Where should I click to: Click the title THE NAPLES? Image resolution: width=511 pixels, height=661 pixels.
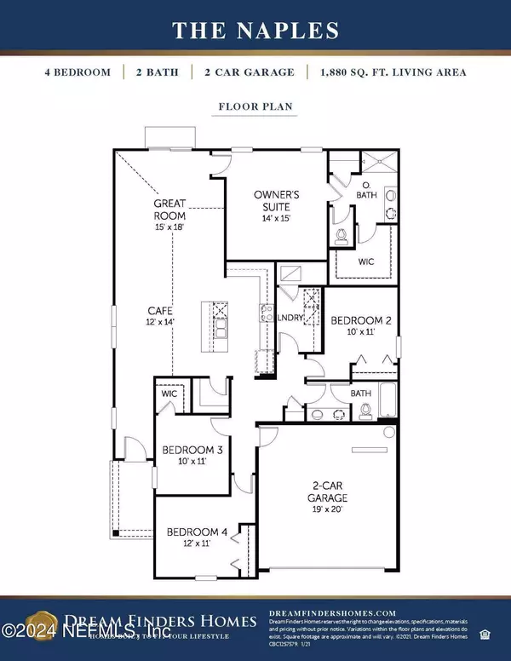click(255, 31)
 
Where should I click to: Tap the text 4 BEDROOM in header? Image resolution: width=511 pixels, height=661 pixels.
click(78, 72)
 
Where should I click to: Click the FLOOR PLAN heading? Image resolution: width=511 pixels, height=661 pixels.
click(255, 108)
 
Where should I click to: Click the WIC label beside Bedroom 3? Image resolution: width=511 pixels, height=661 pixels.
click(169, 394)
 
